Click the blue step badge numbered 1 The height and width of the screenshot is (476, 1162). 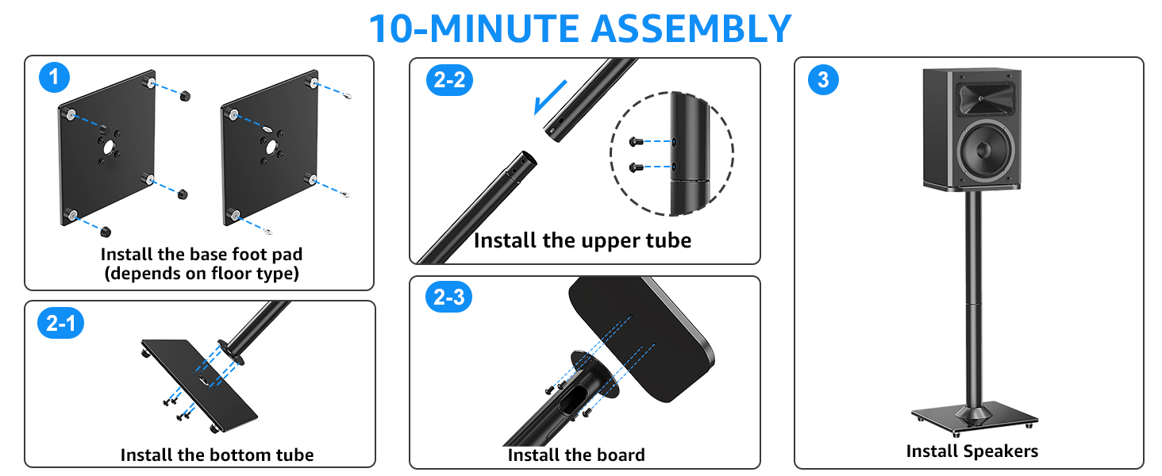pos(54,78)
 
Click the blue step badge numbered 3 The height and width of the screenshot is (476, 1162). pos(823,79)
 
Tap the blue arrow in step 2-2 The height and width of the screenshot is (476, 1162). pos(551,96)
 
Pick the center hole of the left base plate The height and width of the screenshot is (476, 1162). pos(109,147)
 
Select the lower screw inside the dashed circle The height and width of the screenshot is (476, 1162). pos(635,167)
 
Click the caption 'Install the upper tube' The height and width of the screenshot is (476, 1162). pos(582,240)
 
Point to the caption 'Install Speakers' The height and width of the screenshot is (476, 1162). pos(972,451)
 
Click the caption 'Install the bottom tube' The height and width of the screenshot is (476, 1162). pos(217,455)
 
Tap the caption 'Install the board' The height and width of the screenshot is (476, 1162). pos(575,455)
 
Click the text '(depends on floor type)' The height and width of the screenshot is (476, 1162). pos(202,274)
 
